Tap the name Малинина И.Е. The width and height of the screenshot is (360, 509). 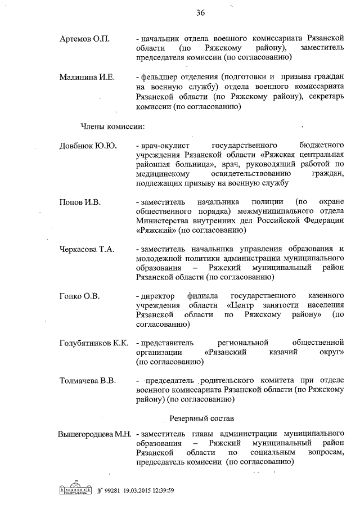[87, 77]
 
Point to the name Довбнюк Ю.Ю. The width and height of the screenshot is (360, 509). [88, 146]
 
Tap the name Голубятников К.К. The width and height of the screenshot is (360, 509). [94, 343]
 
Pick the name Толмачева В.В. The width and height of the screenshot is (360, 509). [88, 381]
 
